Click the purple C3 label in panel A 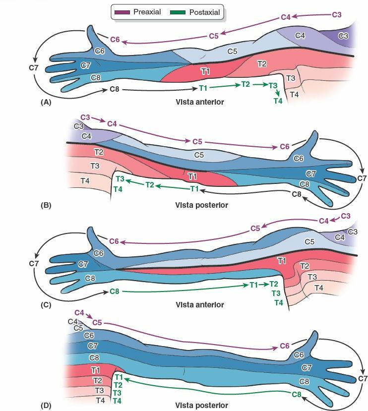(336, 15)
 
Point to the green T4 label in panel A (278, 101)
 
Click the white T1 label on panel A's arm (204, 72)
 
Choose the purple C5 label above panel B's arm (198, 142)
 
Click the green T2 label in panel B (150, 184)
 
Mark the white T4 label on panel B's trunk (85, 181)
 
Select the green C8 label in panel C (115, 291)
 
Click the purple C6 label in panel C (115, 241)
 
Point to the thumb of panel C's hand (90, 235)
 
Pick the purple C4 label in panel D (79, 312)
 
